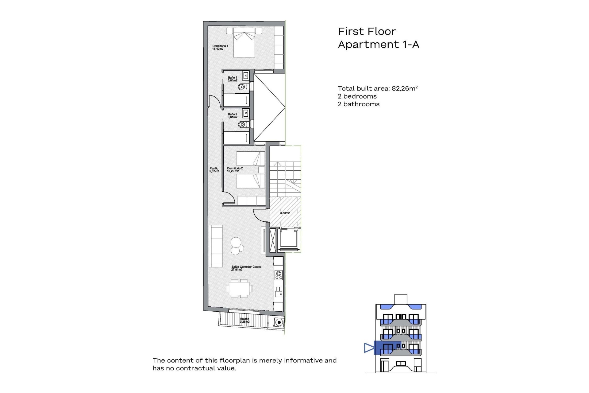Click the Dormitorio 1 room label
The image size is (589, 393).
[220, 47]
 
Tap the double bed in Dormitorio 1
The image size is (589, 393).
[244, 45]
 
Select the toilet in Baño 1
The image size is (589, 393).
[243, 87]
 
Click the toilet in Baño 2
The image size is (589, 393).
[243, 124]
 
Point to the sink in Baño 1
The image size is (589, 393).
[246, 76]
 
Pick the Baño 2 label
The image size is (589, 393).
[233, 116]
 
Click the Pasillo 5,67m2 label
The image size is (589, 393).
[214, 170]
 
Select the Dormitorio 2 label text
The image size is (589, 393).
[235, 170]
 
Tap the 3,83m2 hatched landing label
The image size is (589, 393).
[285, 213]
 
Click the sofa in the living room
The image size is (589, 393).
[216, 246]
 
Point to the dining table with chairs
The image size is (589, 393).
[239, 288]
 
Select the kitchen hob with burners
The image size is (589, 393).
[279, 275]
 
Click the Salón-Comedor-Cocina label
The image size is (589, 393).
[246, 268]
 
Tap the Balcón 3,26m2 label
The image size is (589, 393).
[244, 320]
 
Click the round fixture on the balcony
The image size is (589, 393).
[279, 322]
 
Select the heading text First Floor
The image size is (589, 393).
[367, 31]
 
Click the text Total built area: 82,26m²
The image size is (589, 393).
[378, 88]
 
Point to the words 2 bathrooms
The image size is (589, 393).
[359, 104]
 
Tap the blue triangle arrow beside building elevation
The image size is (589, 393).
[369, 348]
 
